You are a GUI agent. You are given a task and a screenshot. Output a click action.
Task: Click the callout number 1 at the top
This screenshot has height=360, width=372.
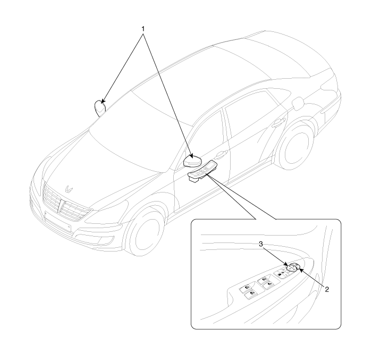tap(142, 26)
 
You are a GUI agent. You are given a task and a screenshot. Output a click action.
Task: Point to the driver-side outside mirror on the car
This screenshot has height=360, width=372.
tap(191, 160)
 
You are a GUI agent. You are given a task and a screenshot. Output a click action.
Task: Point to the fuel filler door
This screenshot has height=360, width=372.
tap(312, 102)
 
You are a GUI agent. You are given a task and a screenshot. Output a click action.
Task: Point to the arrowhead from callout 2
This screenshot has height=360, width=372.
tap(301, 271)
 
